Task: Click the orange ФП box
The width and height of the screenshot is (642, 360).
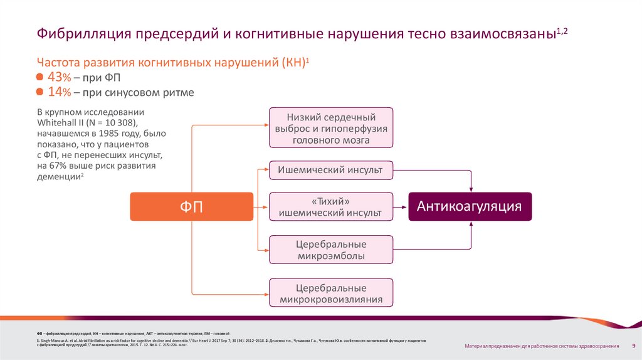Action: (x=191, y=206)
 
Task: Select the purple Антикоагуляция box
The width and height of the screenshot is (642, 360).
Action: (x=470, y=206)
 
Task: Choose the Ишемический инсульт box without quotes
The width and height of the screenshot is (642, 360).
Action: (x=331, y=169)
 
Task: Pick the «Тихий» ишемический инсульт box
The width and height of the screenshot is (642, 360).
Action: (x=331, y=206)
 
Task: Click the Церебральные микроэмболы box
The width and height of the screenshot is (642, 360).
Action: (x=331, y=250)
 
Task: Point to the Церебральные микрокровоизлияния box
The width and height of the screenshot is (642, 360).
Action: (x=331, y=293)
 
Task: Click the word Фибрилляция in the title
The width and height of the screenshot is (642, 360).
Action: (x=82, y=33)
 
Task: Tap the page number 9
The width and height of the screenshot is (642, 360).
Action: (x=633, y=346)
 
